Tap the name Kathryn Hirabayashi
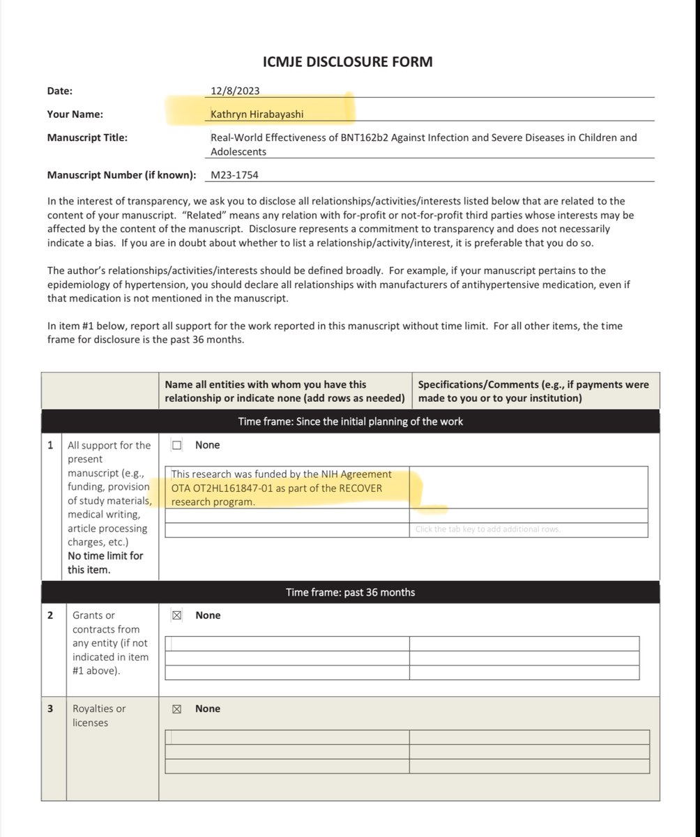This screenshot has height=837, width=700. [x=257, y=114]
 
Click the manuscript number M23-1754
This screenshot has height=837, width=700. [x=234, y=175]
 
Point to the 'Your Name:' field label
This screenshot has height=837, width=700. [x=75, y=114]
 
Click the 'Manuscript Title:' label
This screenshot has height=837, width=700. [x=88, y=137]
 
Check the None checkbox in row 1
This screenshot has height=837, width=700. [x=177, y=445]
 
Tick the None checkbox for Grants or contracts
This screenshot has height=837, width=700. [x=177, y=615]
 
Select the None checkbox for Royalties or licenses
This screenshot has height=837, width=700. [x=177, y=709]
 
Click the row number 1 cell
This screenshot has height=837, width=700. [x=51, y=445]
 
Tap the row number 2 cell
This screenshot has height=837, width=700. [x=51, y=615]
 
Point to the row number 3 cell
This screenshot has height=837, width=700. [x=51, y=709]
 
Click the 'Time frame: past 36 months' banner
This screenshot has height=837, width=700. [x=350, y=592]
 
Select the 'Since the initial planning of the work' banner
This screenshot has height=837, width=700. [x=350, y=421]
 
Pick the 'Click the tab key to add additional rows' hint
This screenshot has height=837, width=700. [x=487, y=529]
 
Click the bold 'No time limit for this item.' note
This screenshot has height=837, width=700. [x=105, y=563]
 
